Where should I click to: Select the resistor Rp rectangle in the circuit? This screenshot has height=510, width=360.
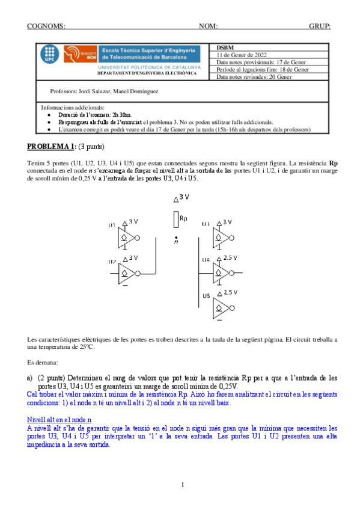coord(175,219)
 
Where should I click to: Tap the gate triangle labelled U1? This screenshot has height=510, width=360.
coord(128,239)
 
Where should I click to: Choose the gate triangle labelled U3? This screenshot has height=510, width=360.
coord(219,239)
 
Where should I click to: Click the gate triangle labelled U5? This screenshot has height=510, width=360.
coord(219,310)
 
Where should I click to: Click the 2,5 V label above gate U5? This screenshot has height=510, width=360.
coord(231,292)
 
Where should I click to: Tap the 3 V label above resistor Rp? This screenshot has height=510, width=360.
coord(185,197)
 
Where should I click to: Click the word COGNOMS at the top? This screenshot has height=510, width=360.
coord(46,26)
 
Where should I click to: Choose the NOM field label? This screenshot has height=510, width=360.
coord(208,26)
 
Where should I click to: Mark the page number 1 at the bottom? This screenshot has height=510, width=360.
coord(180,485)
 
